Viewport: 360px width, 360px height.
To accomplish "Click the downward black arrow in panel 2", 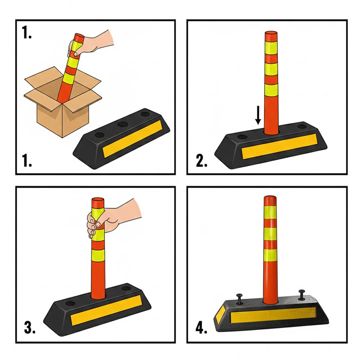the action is click(x=258, y=115).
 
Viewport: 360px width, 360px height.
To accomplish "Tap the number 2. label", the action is click(x=201, y=161).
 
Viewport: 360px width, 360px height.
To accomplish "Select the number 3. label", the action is click(x=30, y=328).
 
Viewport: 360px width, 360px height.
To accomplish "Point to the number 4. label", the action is click(x=201, y=328).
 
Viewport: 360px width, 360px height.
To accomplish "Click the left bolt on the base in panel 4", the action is click(x=239, y=299).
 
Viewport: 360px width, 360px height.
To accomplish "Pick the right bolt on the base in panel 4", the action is click(x=301, y=295).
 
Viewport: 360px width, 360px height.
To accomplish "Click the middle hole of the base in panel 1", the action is click(x=123, y=125).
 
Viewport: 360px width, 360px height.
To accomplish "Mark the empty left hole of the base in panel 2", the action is click(x=242, y=137).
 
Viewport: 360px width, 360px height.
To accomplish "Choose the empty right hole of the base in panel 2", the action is click(x=301, y=126).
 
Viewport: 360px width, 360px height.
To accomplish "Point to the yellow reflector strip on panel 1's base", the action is click(x=132, y=139).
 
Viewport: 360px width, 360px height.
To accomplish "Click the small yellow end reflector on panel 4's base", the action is click(x=220, y=312).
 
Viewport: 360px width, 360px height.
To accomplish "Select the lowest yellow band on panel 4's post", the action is click(x=270, y=255).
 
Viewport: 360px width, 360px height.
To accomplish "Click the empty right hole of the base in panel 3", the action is click(x=126, y=288).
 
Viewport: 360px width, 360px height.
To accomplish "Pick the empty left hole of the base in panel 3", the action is click(x=70, y=303).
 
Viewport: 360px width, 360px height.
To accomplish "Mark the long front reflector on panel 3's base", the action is click(x=106, y=310).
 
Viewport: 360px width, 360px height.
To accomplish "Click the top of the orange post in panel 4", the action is click(x=270, y=198).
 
